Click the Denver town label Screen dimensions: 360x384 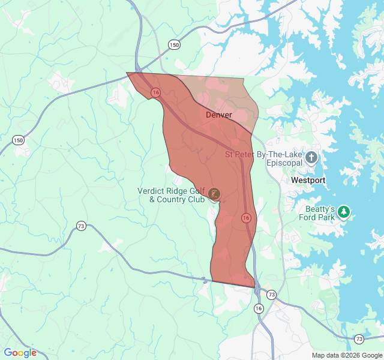point(218,115)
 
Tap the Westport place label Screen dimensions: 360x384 point(308,180)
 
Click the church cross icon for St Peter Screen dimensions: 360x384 point(311,158)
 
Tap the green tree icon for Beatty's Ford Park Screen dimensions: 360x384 point(344,212)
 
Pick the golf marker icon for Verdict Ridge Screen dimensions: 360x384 point(214,194)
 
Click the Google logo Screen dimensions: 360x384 point(20,353)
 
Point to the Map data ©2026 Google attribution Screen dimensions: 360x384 point(347,355)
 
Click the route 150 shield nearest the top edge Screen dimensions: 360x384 point(174,44)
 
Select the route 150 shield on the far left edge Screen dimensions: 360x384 point(19,140)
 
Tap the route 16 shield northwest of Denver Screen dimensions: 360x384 point(156,92)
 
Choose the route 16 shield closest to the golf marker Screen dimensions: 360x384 point(246,217)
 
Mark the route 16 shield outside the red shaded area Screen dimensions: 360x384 point(259,308)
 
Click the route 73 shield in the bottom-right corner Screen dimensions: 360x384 point(359,339)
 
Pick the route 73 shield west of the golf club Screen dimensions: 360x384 point(81,226)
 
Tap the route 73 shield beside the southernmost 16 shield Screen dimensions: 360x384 point(272,295)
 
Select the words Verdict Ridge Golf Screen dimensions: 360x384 point(171,191)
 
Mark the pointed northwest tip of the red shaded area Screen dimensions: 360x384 point(127,73)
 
